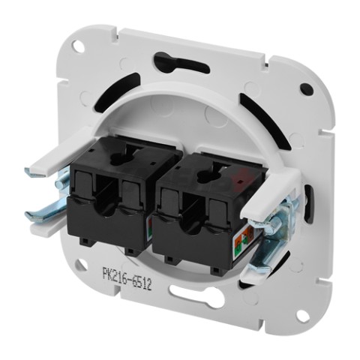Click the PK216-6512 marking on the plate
point(127,278)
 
